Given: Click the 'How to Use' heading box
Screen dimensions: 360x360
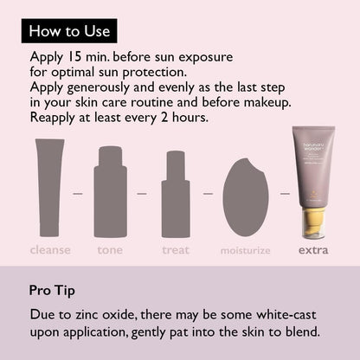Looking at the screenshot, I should (69, 31).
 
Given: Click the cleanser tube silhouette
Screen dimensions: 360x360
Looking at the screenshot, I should (49, 188).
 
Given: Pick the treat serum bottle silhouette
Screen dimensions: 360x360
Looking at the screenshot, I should (176, 195).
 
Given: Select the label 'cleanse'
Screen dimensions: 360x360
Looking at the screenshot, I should (50, 251).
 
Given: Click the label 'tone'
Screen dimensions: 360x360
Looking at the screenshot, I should (110, 251).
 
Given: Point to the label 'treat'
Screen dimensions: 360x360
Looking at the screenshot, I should (176, 251).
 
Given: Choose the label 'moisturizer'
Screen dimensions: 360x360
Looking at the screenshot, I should (245, 251).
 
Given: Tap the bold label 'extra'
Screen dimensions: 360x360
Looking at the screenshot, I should (313, 251).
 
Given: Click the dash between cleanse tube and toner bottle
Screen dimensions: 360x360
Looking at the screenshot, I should (78, 193).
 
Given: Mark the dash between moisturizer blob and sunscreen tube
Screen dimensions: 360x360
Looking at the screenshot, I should (284, 193).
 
